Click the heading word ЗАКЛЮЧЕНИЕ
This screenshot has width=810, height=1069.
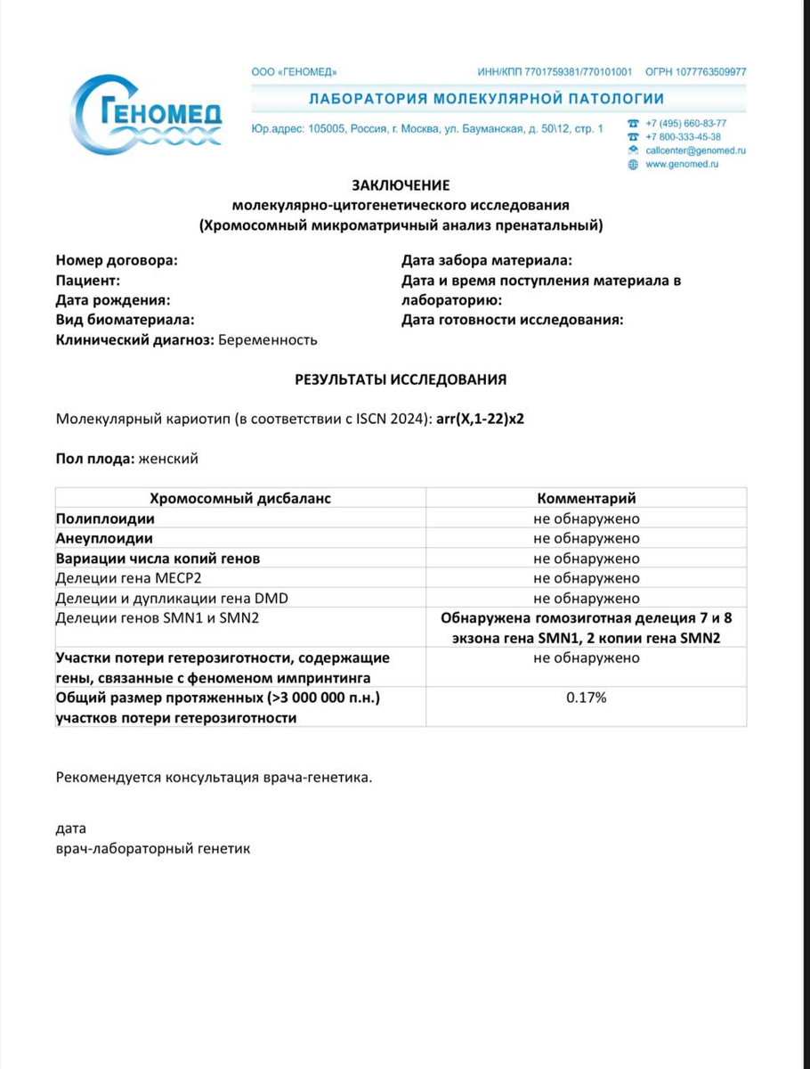(x=401, y=185)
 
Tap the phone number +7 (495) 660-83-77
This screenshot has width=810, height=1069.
(x=685, y=123)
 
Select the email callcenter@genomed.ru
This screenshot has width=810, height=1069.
(x=695, y=151)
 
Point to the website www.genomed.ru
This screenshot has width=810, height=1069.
(x=682, y=164)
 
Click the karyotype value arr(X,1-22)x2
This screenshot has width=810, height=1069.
(x=480, y=419)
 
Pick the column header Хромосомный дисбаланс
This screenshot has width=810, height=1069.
(x=240, y=498)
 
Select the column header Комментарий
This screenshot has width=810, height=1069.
(x=586, y=498)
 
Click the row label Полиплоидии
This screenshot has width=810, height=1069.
(x=105, y=518)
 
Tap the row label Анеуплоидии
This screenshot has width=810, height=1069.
(x=104, y=538)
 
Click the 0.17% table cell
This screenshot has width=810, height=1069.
(x=586, y=698)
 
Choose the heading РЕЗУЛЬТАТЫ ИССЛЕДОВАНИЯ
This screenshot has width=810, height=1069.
(x=401, y=379)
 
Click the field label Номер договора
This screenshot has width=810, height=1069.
(x=116, y=260)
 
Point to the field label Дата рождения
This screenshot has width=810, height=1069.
(x=112, y=300)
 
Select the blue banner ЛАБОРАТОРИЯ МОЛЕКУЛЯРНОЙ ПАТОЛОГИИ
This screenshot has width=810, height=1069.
(x=486, y=99)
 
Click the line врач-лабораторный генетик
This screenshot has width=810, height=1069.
(x=153, y=848)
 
